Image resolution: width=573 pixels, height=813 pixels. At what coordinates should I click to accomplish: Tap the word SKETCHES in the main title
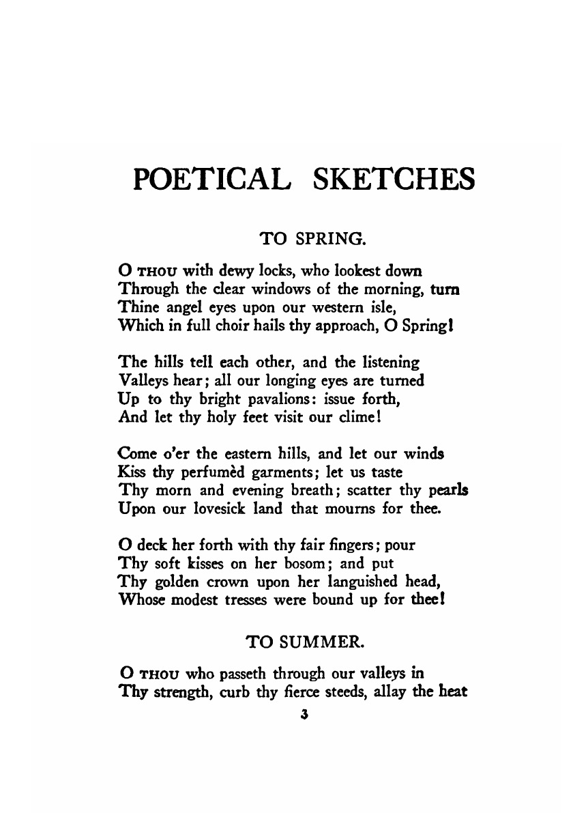[393, 179]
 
